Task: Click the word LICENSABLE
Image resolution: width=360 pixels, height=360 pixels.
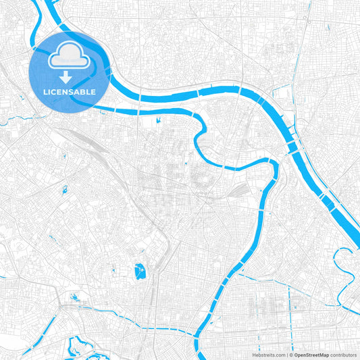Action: coord(70,91)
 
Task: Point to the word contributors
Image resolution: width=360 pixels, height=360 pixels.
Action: coord(344,354)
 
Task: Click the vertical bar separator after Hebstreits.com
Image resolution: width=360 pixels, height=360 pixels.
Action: coord(287,354)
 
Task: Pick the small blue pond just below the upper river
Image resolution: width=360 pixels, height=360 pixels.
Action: coord(158,120)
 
